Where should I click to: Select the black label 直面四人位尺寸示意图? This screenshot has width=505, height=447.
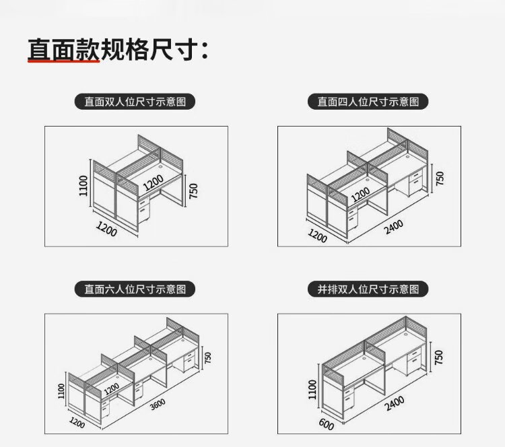click(373, 102)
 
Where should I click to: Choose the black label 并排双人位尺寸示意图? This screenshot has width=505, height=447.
click(373, 289)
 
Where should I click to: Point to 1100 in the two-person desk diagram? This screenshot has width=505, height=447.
click(83, 186)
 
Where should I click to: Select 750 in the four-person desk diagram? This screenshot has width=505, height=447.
click(440, 178)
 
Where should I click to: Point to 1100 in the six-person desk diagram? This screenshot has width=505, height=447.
click(61, 390)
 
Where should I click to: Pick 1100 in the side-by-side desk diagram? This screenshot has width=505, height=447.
click(312, 389)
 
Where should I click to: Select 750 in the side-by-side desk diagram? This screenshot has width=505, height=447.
click(439, 357)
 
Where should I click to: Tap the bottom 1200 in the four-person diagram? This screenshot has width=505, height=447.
click(317, 235)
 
